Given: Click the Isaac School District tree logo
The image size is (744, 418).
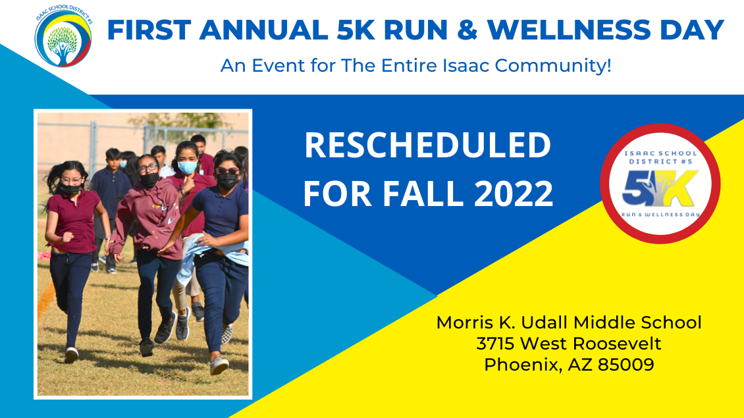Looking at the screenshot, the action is (63, 36).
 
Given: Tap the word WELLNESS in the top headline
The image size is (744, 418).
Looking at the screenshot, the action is (570, 30).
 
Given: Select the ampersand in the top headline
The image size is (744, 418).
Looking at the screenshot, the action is (467, 30).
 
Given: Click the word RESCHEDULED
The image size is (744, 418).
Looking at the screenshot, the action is (427, 145).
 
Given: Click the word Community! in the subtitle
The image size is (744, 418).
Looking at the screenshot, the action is (553, 65).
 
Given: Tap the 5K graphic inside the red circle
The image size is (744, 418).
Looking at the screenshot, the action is (660, 188).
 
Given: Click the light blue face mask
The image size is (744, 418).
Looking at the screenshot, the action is (188, 167).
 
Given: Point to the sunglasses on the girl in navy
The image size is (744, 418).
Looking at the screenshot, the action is (226, 170).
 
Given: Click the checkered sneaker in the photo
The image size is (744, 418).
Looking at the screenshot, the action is (226, 334).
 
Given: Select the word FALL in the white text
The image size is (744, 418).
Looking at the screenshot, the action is (423, 193).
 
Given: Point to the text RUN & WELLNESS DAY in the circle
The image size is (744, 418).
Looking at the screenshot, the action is (660, 215).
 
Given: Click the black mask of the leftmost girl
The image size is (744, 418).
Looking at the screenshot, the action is (70, 190).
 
